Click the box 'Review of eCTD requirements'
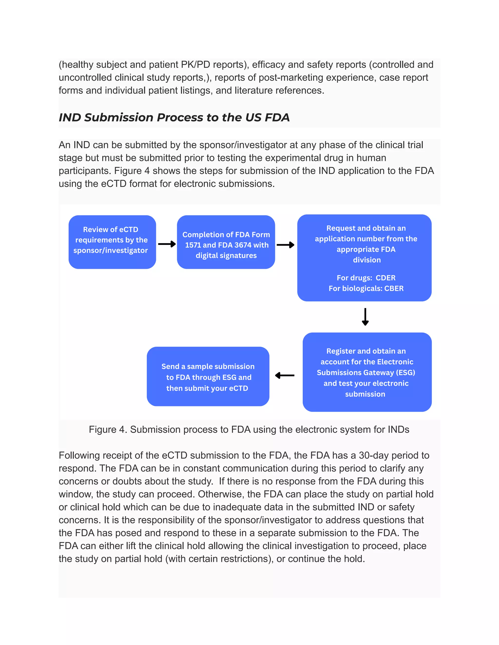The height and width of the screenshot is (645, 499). (x=112, y=242)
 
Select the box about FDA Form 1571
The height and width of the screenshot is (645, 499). (x=226, y=242)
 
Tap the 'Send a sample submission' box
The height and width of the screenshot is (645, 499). (x=208, y=376)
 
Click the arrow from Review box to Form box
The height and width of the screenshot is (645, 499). (x=167, y=244)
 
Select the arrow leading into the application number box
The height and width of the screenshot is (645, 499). (x=285, y=245)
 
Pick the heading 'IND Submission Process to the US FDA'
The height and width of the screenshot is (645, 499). (x=174, y=118)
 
